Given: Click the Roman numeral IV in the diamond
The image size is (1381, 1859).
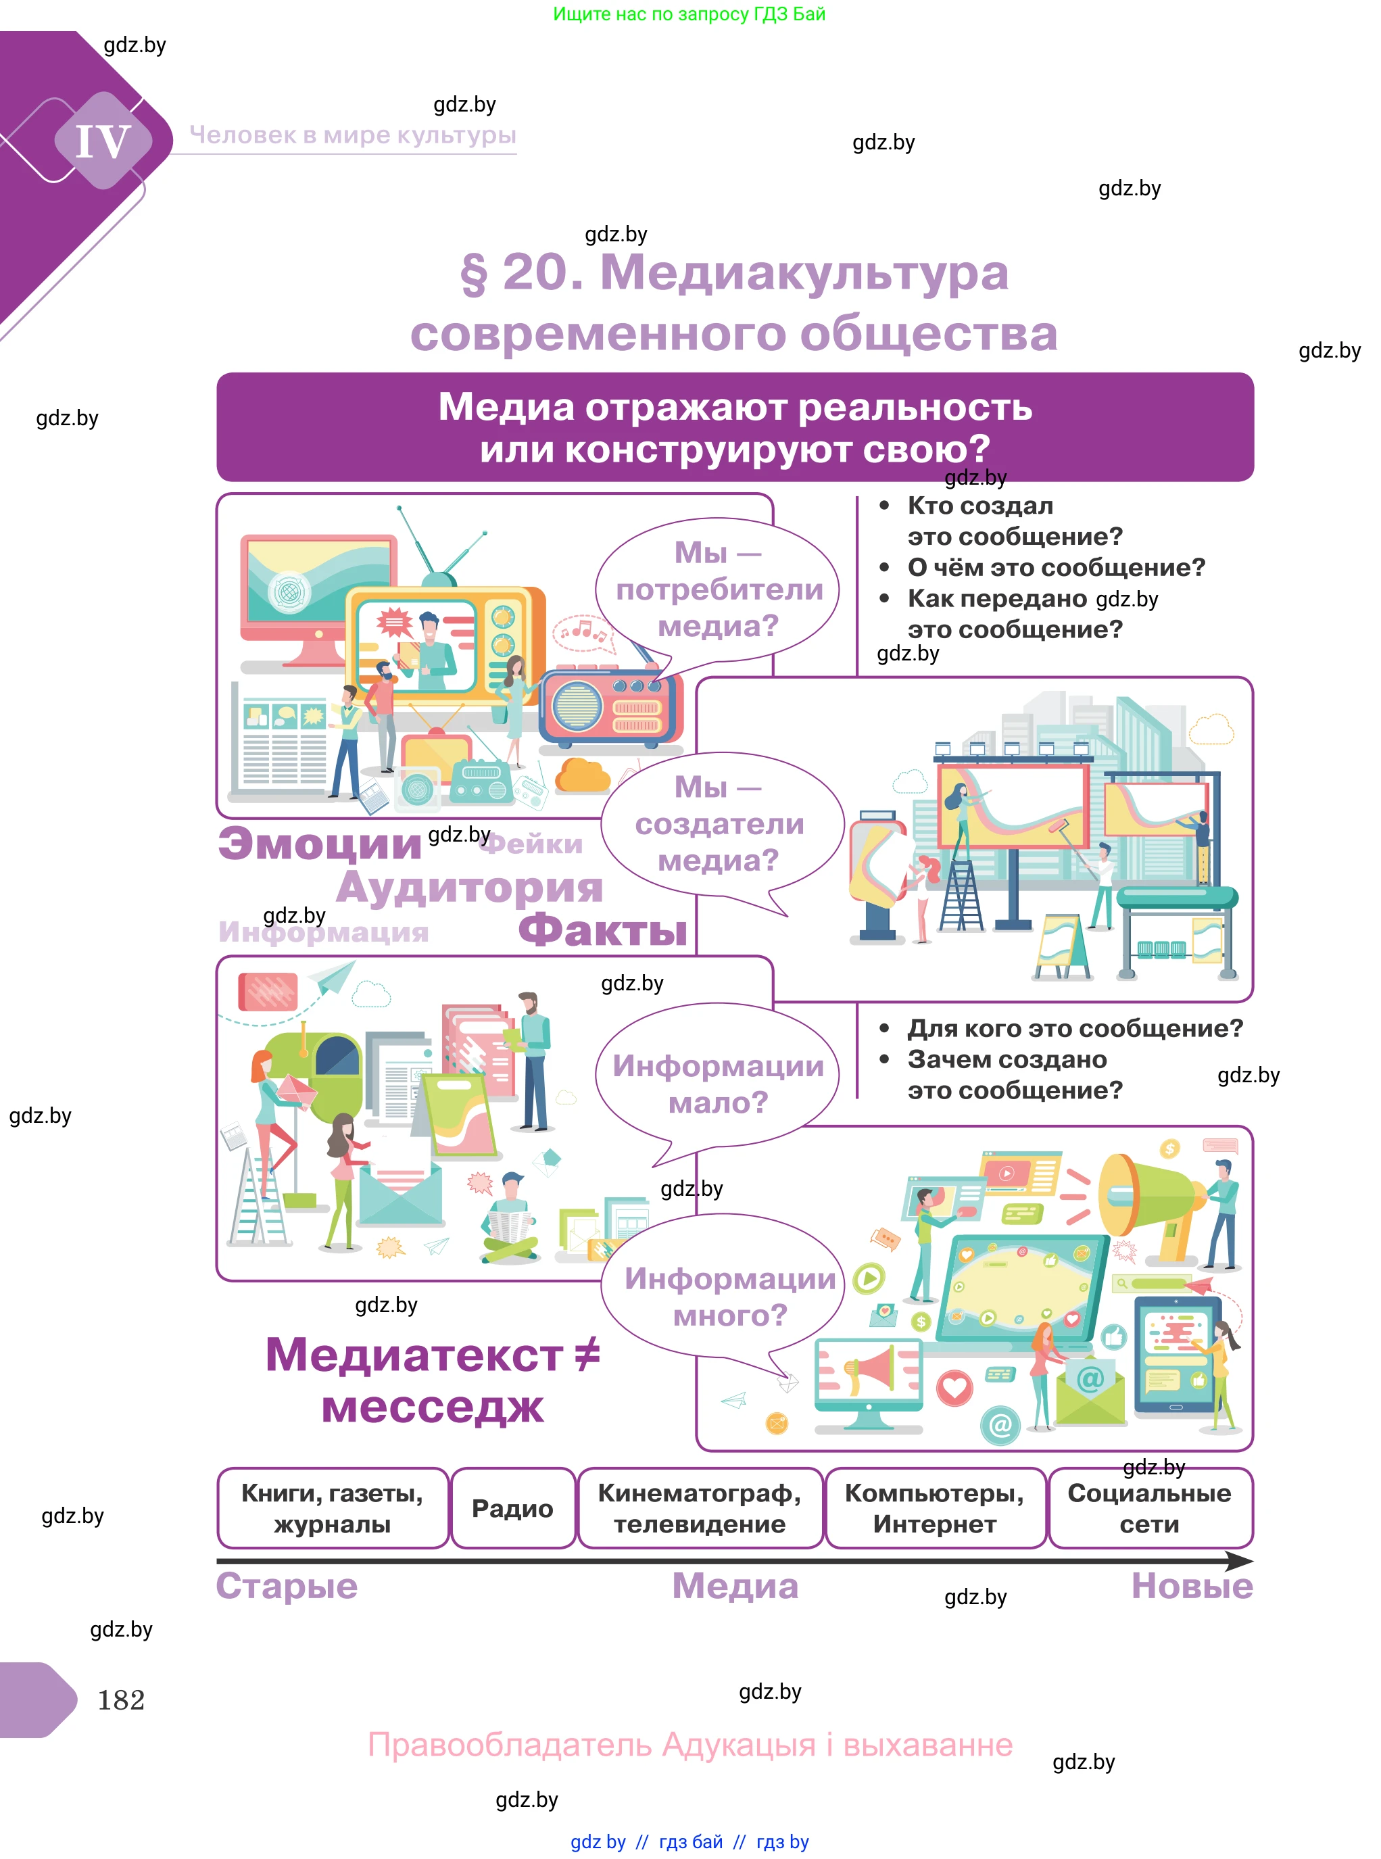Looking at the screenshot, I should coord(103,141).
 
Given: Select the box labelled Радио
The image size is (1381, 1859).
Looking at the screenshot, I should coord(512,1508).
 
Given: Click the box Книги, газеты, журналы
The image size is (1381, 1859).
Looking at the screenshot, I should coord(333,1508).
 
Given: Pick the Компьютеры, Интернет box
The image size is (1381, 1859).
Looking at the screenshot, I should coord(935,1508).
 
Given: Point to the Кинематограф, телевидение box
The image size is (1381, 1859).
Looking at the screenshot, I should coord(700,1508).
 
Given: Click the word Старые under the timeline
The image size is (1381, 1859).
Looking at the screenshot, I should coord(287,1586).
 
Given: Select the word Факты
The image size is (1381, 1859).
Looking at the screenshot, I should coord(603,930).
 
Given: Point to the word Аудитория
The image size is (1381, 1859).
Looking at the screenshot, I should coord(469,886).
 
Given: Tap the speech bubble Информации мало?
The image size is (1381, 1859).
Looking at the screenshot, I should coord(717,1084).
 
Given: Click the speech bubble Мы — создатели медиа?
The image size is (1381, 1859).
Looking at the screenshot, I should coord(719,823).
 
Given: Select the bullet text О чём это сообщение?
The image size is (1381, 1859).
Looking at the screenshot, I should coord(1056,568).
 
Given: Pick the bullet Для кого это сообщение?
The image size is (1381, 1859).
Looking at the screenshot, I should coord(1075,1028).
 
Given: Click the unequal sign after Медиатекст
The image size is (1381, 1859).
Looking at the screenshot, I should coord(587,1353).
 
